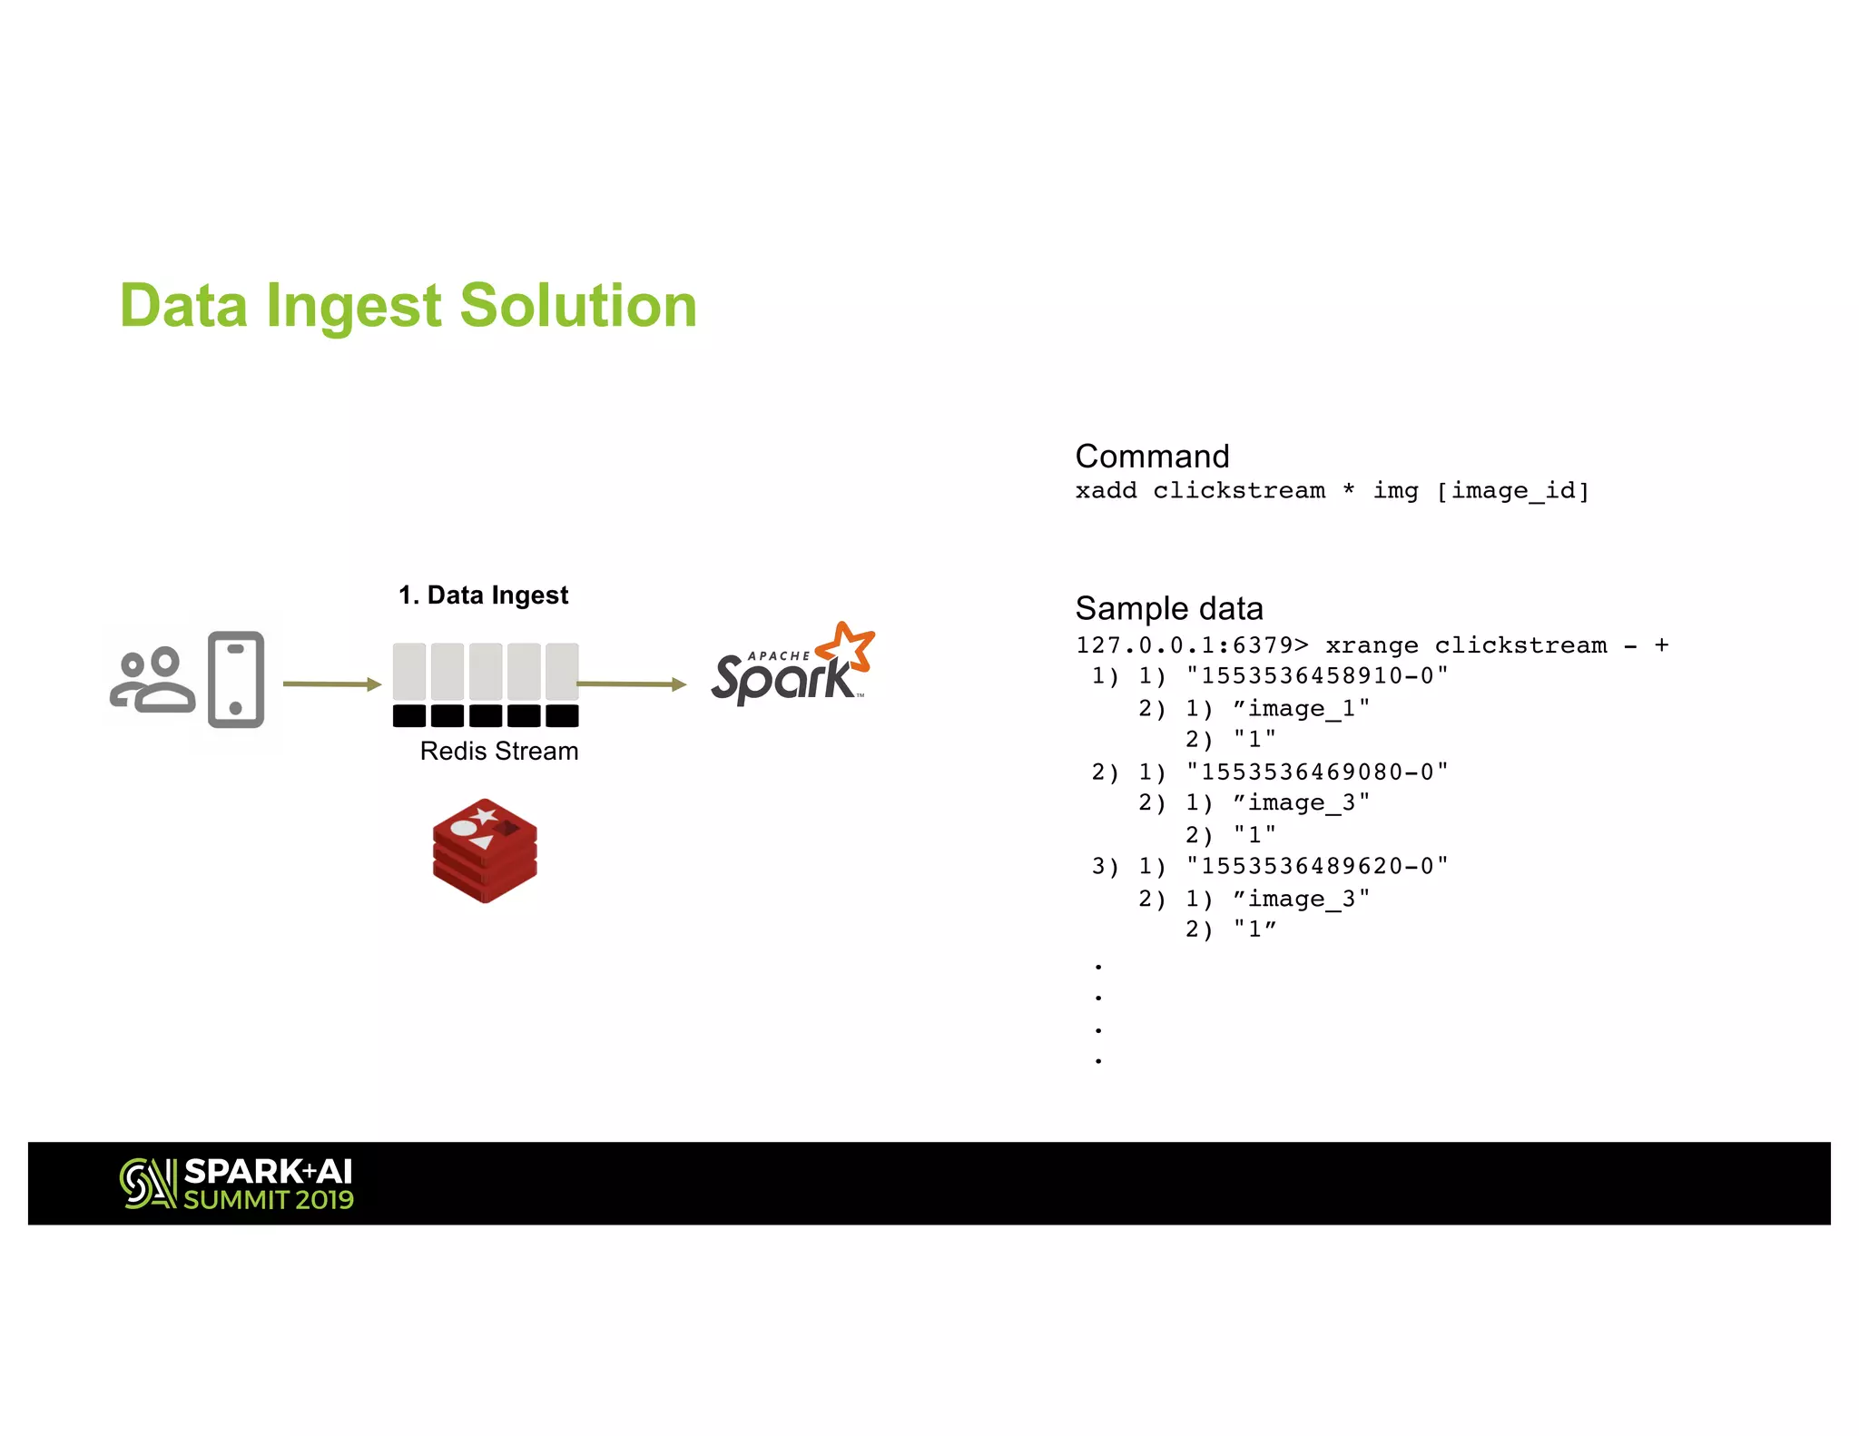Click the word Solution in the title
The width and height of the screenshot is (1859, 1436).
tap(578, 306)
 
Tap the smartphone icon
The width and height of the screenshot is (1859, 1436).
tap(236, 679)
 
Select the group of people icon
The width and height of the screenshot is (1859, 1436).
tap(152, 681)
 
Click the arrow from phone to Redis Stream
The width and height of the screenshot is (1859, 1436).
tap(330, 684)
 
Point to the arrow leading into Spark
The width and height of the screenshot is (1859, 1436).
tap(631, 684)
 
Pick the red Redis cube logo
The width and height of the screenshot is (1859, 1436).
tap(485, 851)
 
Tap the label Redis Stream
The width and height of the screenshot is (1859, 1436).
tap(498, 752)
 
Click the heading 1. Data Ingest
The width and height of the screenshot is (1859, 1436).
tap(483, 595)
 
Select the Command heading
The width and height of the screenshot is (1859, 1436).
tap(1152, 456)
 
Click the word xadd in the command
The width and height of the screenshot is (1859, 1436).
tap(1106, 491)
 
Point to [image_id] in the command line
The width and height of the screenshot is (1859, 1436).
tap(1512, 491)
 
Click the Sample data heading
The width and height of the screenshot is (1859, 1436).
tap(1169, 608)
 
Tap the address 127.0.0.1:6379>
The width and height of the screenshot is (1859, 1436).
tap(1192, 645)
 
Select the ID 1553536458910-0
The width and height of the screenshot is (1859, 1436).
tap(1317, 676)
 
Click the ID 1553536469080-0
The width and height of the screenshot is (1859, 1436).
tap(1317, 772)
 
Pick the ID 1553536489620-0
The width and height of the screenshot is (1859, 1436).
tap(1317, 867)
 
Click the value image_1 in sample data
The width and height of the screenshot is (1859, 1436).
tap(1301, 709)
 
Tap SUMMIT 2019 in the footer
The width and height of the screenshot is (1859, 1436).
tap(269, 1200)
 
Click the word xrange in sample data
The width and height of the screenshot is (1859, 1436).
tap(1372, 645)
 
